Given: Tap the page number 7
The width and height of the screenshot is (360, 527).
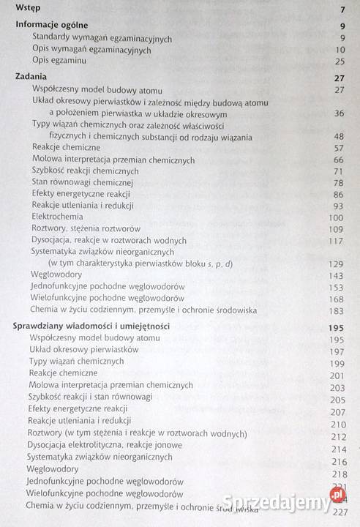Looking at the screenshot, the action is (x=342, y=10).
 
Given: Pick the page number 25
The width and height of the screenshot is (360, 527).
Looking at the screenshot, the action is (x=338, y=62).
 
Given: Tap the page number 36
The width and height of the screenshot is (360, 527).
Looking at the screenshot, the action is (x=338, y=114).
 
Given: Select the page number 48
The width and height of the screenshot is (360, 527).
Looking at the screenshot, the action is (x=338, y=137).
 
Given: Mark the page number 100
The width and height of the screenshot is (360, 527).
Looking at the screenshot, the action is (x=336, y=217).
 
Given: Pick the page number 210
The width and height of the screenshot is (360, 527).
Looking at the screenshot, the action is (x=338, y=424).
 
